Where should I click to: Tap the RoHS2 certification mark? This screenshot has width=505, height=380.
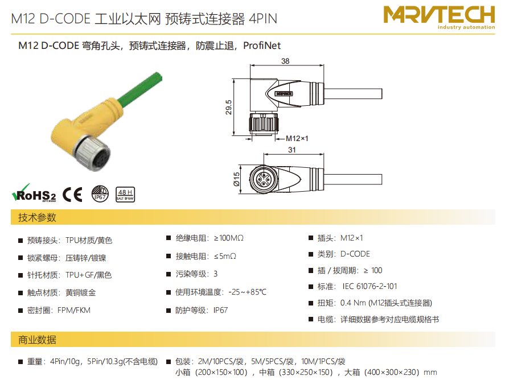[x=34, y=193]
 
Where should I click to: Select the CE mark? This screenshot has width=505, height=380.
[x=72, y=195]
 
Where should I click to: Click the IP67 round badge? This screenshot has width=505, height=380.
[x=100, y=194]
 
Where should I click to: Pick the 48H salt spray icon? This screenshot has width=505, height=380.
[x=125, y=195]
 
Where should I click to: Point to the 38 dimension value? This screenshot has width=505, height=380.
[x=285, y=61]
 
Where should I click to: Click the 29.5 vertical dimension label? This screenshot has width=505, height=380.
[x=228, y=108]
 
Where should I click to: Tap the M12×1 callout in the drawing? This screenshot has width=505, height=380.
[x=297, y=139]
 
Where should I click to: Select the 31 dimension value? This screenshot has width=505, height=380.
[x=292, y=150]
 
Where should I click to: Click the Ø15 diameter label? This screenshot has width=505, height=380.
[x=237, y=179]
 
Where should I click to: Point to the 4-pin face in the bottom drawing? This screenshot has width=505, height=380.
[x=261, y=179]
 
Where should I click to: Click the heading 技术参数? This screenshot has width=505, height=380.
[x=38, y=217]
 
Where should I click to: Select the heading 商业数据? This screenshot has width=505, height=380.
[x=38, y=340]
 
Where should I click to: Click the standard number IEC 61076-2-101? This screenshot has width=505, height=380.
[x=369, y=286]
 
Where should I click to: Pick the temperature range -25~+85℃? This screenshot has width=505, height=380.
[x=247, y=292]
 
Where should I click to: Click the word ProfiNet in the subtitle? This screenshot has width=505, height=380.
[x=262, y=46]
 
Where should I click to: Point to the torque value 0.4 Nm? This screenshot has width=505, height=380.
[x=353, y=303]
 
